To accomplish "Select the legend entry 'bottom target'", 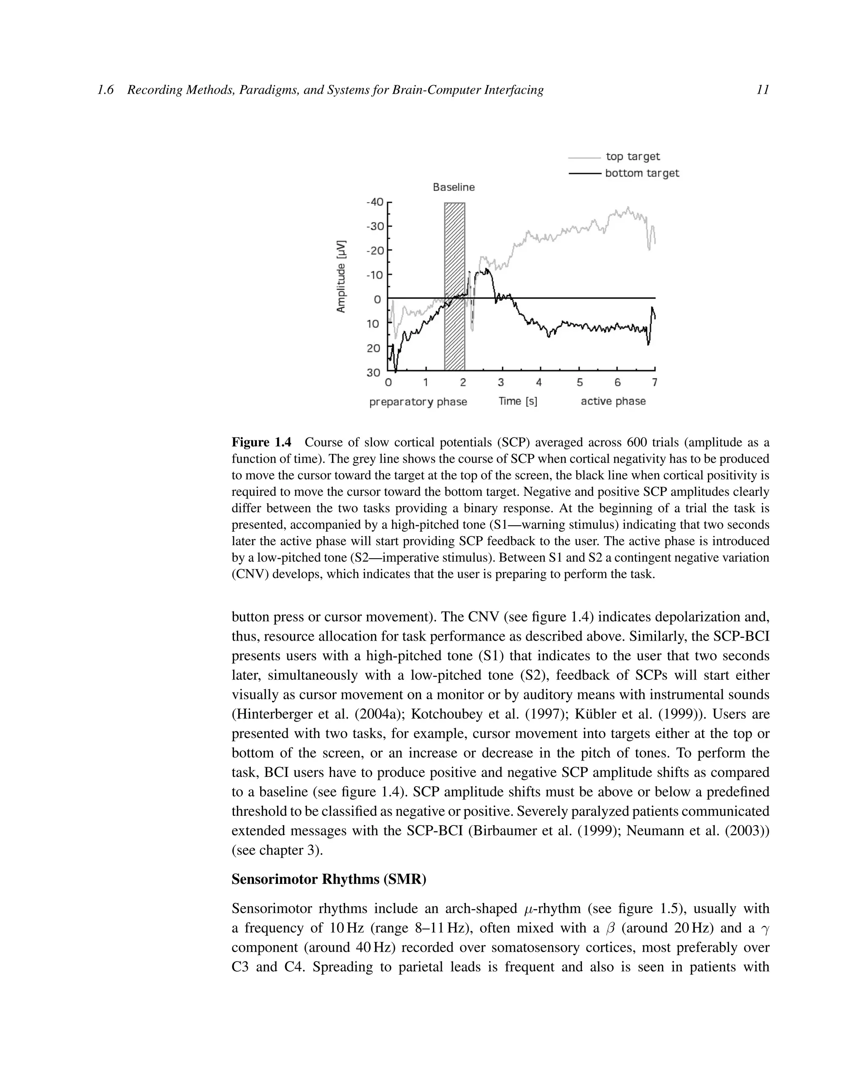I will (x=642, y=173).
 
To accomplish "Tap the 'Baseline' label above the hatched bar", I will (x=453, y=187).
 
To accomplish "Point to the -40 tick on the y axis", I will (x=375, y=202).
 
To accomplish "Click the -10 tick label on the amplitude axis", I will (x=375, y=275).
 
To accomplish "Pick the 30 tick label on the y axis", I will (x=373, y=372).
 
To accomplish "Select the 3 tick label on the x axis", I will (x=501, y=383).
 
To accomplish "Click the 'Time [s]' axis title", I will (x=517, y=401).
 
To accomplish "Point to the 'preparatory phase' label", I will (x=418, y=402).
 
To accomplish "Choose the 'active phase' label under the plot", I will (x=613, y=401).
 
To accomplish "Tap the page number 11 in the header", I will (x=762, y=90).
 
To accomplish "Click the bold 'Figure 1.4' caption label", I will (x=261, y=442).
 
